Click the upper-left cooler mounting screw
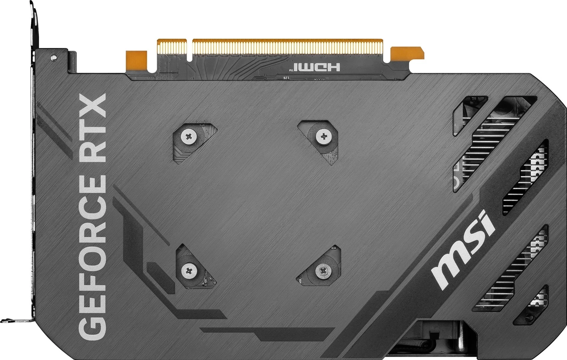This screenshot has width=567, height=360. (x=189, y=136)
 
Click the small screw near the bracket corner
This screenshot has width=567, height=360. (x=53, y=58)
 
